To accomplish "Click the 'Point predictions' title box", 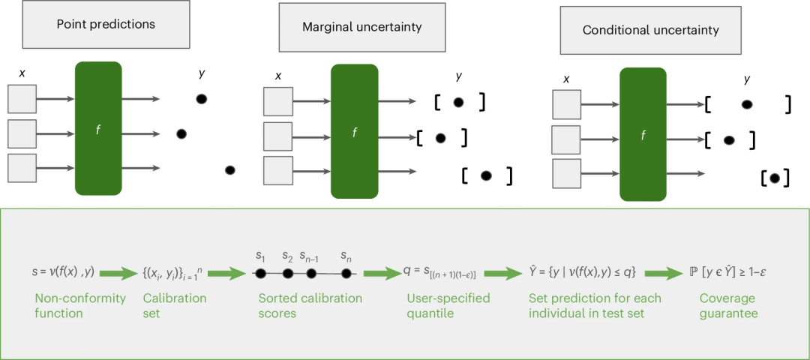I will (x=106, y=24).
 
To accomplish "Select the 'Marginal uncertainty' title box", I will (x=361, y=27).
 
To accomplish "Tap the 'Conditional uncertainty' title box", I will (x=650, y=31).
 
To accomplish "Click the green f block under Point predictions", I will (x=98, y=129).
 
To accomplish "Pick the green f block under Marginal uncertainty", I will (x=355, y=131).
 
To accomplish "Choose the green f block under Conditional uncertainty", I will (x=643, y=134).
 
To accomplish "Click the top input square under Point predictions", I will (x=22, y=99).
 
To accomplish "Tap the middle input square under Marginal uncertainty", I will (x=277, y=136).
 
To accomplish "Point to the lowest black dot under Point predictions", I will (x=230, y=170).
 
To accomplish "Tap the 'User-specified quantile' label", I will (x=447, y=306).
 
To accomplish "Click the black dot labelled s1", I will (x=261, y=274).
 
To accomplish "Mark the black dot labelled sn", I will (x=346, y=274).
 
